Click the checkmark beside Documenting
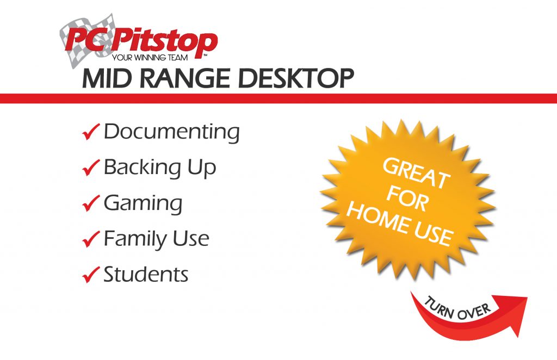pyautogui.click(x=90, y=132)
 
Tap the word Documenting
pyautogui.click(x=171, y=132)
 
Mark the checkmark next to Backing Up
pyautogui.click(x=90, y=168)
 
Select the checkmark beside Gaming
pyautogui.click(x=90, y=204)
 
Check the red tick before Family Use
pyautogui.click(x=90, y=239)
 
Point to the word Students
pyautogui.click(x=146, y=274)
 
